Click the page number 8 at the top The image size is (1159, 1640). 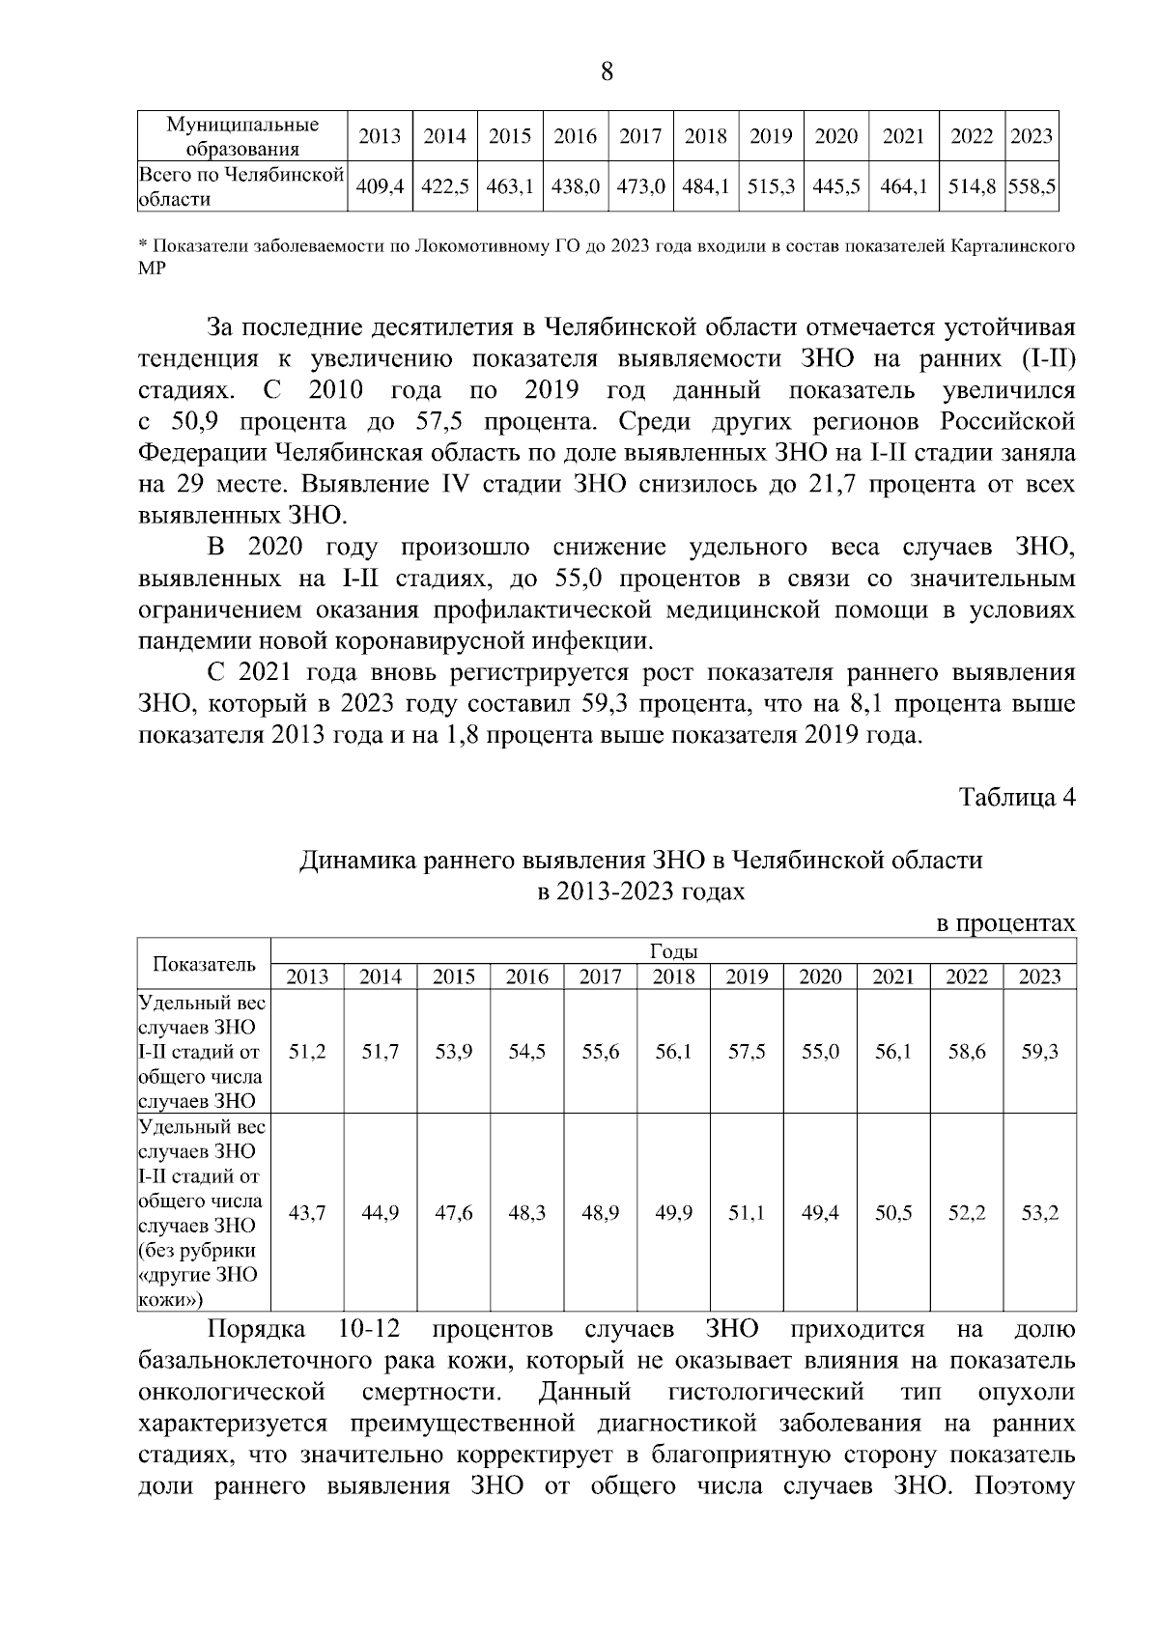click(608, 72)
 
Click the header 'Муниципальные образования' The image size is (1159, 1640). click(242, 137)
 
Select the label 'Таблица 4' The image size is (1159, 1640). click(1016, 797)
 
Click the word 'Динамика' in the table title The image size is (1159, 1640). click(353, 860)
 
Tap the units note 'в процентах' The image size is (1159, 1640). click(1007, 923)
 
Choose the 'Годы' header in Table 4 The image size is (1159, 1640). click(674, 951)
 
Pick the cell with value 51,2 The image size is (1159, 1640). click(307, 1052)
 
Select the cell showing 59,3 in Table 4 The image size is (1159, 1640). click(1039, 1052)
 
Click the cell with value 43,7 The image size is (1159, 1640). click(307, 1213)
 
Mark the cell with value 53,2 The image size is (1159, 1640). click(1039, 1213)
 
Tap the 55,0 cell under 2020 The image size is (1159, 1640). click(820, 1052)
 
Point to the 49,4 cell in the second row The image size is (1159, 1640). click(820, 1213)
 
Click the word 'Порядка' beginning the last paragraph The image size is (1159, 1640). click(257, 1330)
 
